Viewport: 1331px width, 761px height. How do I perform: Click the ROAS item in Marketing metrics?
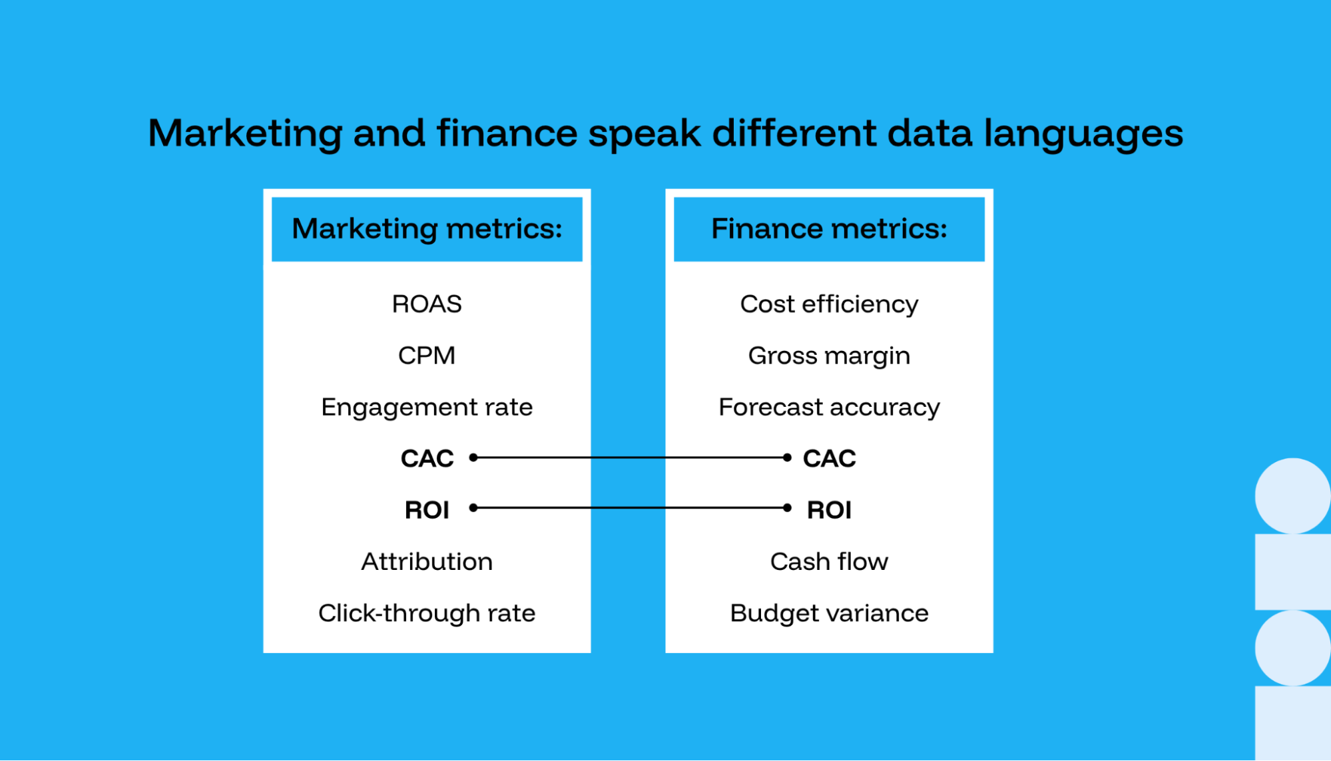coord(427,304)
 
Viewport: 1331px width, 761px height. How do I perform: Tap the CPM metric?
coord(427,356)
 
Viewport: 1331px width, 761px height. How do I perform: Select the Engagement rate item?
coord(427,407)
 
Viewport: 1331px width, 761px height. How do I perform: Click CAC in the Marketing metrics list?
coord(427,458)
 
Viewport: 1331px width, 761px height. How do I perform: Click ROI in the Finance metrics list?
coord(829,510)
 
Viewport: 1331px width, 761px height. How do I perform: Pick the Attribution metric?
coord(427,561)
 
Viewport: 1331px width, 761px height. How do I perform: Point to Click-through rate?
coord(427,613)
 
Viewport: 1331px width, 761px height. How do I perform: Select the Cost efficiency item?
coord(829,304)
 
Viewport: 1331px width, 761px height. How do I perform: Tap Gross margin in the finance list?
coord(829,356)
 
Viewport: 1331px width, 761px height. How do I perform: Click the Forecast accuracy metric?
coord(829,407)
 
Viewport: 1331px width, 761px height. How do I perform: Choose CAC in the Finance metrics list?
coord(829,458)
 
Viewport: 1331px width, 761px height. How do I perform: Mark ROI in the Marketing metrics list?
coord(427,510)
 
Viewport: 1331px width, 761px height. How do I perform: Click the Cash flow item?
coord(829,561)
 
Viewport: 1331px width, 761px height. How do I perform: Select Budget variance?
coord(829,613)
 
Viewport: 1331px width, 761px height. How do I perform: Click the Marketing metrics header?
coord(427,229)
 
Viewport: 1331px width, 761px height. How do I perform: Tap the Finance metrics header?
coord(829,229)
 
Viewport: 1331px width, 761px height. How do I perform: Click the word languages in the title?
coord(1083,134)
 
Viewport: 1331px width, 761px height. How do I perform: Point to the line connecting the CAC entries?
coord(630,457)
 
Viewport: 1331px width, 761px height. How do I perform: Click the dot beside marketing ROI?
coord(473,508)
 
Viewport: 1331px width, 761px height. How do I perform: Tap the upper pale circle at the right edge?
coord(1292,495)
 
